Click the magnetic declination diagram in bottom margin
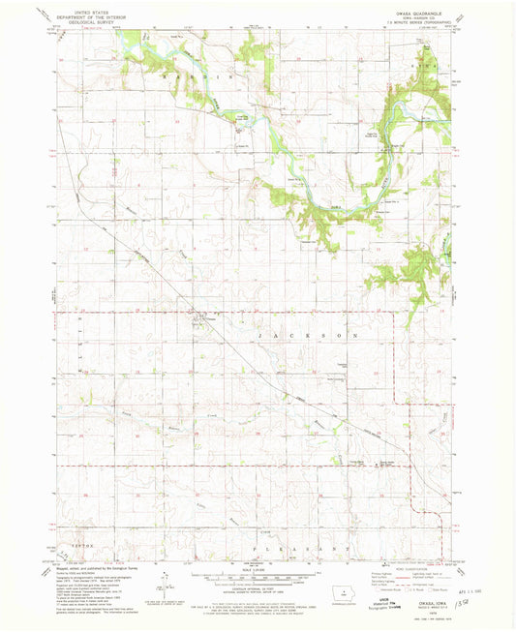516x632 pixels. pos(165,587)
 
